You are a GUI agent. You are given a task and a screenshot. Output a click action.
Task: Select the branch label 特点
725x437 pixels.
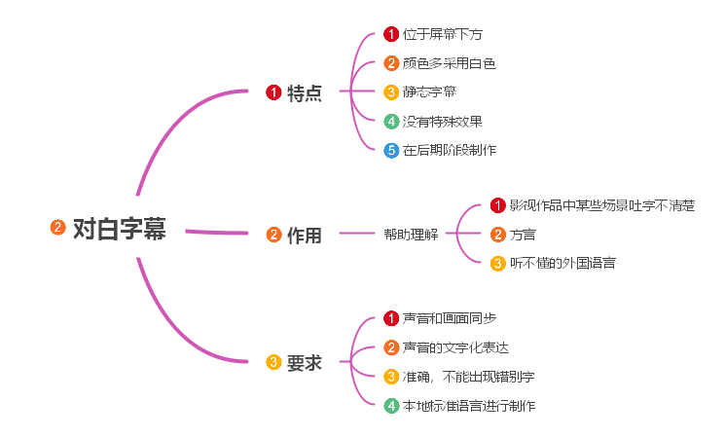tap(305, 93)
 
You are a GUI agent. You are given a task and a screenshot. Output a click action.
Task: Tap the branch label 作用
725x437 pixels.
tap(305, 235)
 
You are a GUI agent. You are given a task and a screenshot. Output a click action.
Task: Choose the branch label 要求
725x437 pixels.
tap(305, 363)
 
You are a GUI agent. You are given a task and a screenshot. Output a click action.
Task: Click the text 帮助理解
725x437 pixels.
tap(410, 235)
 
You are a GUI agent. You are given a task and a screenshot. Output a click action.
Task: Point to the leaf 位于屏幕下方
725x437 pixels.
tap(443, 35)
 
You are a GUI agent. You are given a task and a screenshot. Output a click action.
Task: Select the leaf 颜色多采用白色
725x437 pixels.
tap(450, 63)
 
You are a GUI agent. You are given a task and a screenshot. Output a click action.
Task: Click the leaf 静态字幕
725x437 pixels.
tap(429, 92)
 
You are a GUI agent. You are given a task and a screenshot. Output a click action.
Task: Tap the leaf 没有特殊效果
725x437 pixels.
tap(443, 122)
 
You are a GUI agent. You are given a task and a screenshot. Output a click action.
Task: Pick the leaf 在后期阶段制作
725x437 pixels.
tap(450, 150)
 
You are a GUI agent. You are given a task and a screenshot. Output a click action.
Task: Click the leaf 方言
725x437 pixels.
tap(523, 234)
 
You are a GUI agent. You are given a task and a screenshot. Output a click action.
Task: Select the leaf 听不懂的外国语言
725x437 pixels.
tap(562, 263)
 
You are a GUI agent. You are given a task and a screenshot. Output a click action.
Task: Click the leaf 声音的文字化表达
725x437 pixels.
tap(455, 347)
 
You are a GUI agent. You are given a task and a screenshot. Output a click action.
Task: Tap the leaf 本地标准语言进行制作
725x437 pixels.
tap(469, 406)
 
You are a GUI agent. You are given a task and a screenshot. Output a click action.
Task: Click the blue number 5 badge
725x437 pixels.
tap(391, 150)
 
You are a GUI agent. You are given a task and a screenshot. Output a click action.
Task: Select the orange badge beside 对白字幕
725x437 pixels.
tap(57, 229)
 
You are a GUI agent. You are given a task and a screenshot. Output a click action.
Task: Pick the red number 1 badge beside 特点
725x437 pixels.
tap(273, 93)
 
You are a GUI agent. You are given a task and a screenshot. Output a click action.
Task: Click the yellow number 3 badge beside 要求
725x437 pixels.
tap(273, 363)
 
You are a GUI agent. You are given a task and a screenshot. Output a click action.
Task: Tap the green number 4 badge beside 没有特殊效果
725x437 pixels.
tap(391, 122)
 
